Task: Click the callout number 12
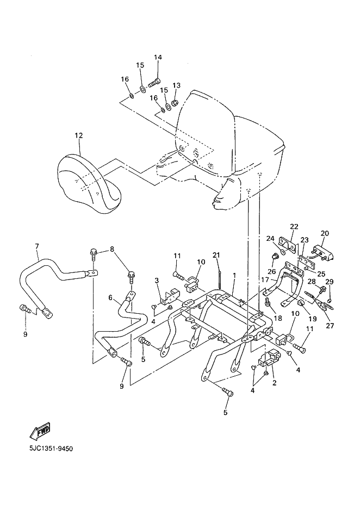[x=79, y=135]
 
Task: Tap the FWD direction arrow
[x=40, y=431]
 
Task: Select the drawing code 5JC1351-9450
[x=51, y=449]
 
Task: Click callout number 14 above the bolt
[x=158, y=57]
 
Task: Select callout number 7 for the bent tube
[x=37, y=246]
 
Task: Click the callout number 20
[x=325, y=233]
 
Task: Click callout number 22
[x=294, y=226]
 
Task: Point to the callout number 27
[x=330, y=325]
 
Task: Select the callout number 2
[x=275, y=383]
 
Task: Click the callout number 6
[x=110, y=297]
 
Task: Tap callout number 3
[x=157, y=281]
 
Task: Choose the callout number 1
[x=234, y=275]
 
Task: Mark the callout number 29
[x=329, y=282]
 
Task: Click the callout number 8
[x=112, y=250]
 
